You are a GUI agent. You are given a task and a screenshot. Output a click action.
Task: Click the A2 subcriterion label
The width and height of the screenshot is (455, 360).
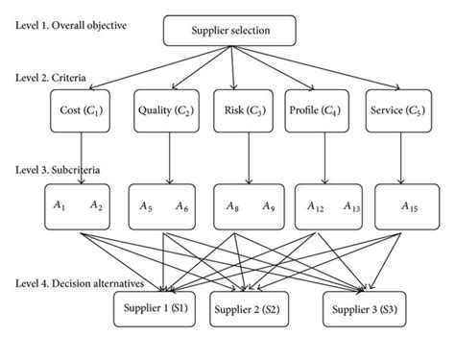tap(95, 206)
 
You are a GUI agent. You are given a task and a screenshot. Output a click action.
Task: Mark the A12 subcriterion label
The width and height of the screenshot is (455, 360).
tap(315, 206)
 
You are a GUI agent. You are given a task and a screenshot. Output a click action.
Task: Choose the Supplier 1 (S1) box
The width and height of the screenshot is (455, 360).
tap(154, 312)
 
